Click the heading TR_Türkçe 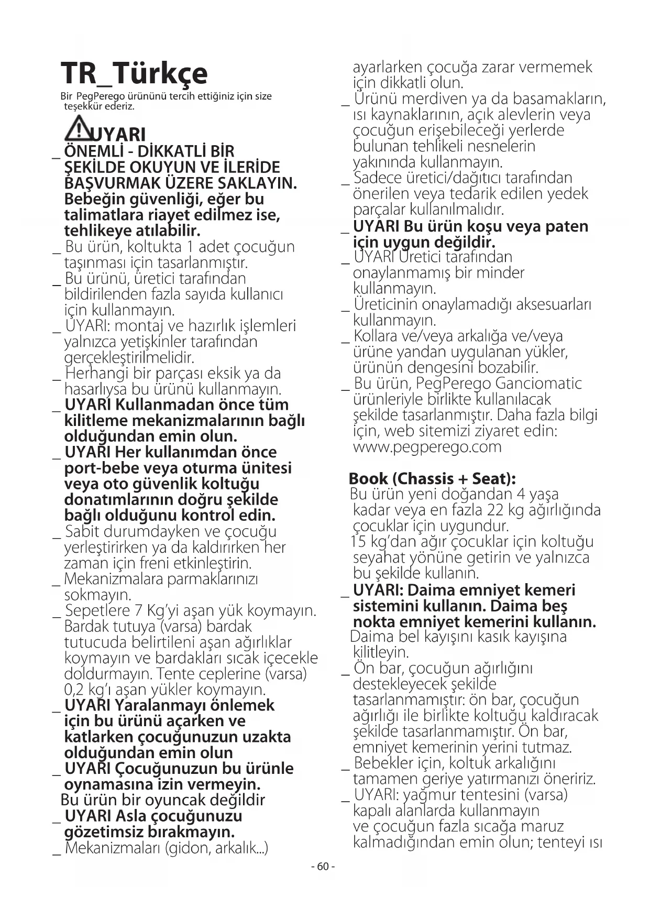click(134, 73)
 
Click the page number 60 click(323, 867)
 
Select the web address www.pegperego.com click(427, 447)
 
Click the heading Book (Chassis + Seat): click(432, 478)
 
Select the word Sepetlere click(97, 611)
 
